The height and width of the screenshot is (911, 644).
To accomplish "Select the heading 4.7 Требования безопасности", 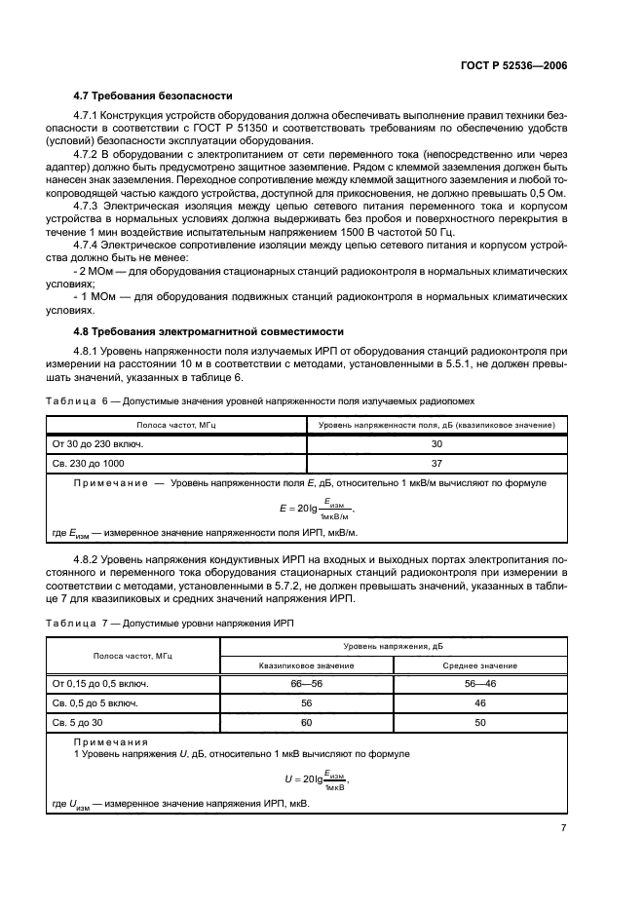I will point(153,95).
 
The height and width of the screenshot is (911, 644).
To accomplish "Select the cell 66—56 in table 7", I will point(306,683).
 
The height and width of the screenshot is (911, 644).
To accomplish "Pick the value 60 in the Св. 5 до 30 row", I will point(306,722).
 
